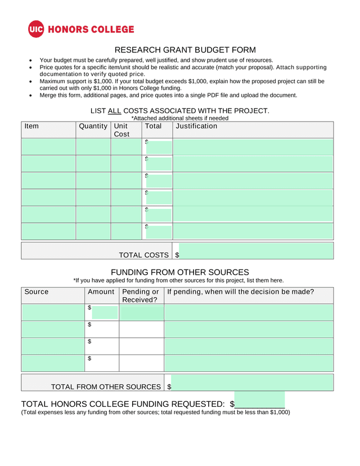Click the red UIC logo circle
(x=36, y=29)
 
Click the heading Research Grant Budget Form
(x=185, y=50)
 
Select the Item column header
(x=32, y=127)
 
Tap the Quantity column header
(x=93, y=127)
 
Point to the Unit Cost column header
(x=121, y=130)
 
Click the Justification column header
(x=196, y=127)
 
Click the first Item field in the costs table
(x=48, y=146)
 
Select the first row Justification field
(x=253, y=146)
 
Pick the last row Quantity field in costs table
(x=93, y=231)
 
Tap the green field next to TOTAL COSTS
(x=256, y=251)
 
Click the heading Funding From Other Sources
(x=180, y=272)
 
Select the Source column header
(x=37, y=292)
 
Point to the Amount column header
(x=101, y=292)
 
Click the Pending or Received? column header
(x=141, y=295)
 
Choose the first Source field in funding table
(x=53, y=312)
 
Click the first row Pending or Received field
(x=141, y=312)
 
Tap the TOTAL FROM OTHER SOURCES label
(x=106, y=387)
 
